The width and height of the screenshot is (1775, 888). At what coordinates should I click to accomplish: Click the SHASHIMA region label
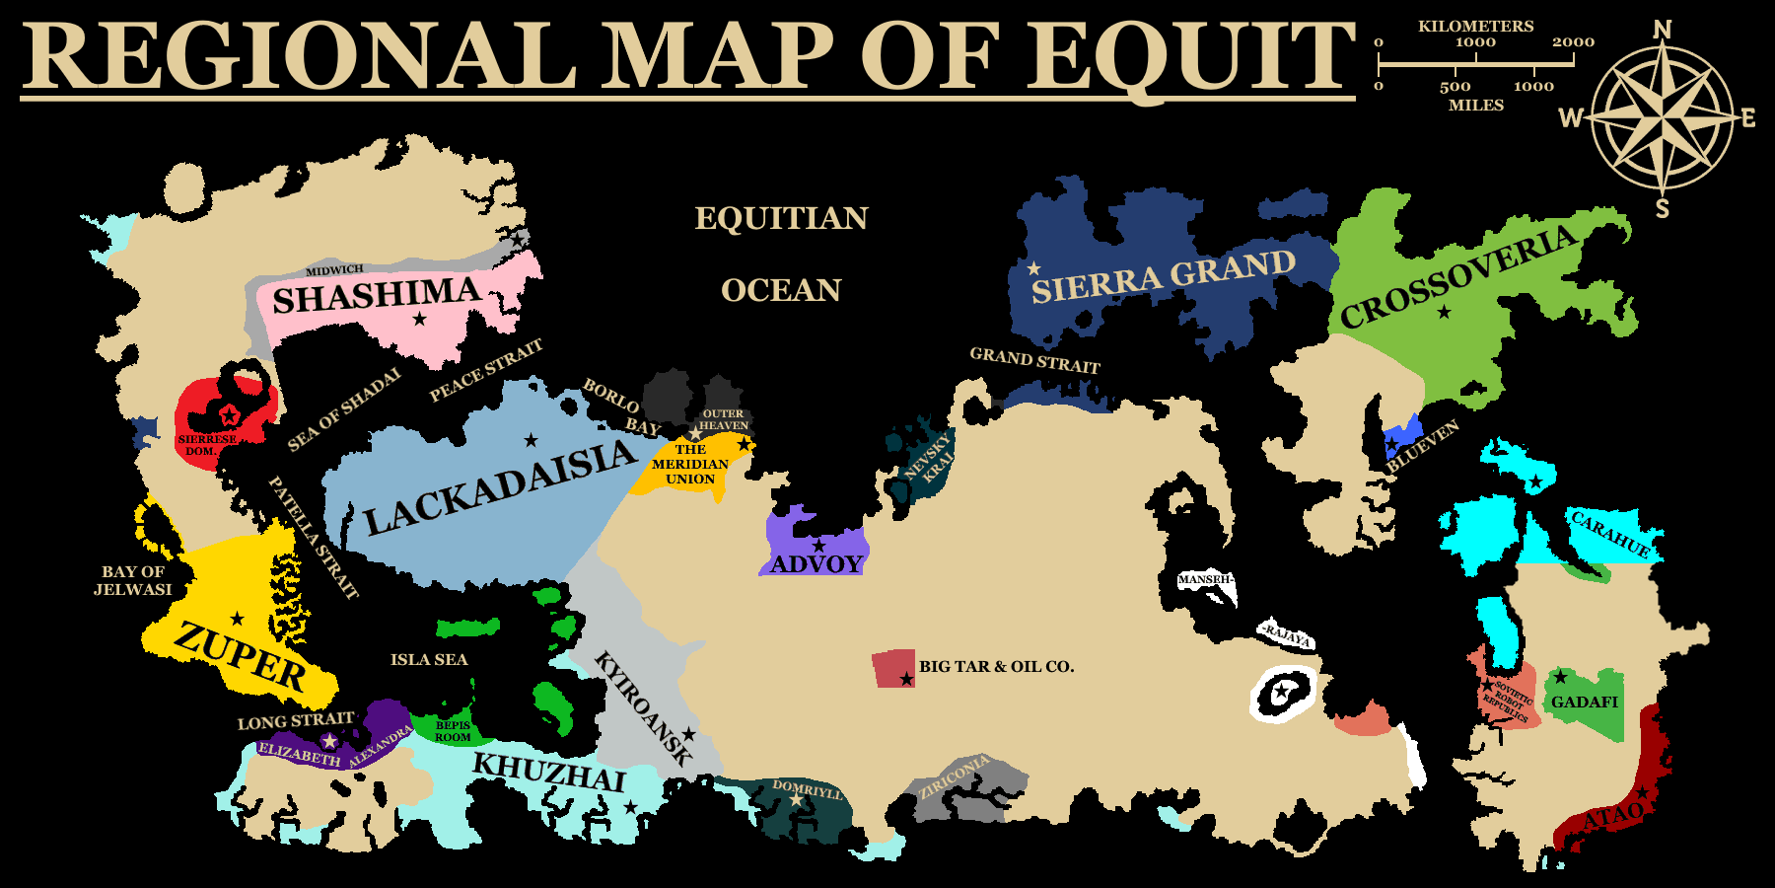[376, 295]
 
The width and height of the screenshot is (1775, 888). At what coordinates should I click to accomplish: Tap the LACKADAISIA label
[501, 487]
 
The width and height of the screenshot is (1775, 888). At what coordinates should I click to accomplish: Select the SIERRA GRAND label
[1164, 276]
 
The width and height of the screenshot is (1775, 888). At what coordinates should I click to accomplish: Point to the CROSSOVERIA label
[1458, 277]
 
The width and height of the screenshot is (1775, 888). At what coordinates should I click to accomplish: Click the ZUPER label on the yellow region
[241, 656]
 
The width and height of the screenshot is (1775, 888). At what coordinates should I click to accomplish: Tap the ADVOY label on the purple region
[816, 564]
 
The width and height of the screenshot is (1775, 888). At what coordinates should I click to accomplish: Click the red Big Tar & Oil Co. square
[893, 668]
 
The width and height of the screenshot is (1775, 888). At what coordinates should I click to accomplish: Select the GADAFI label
[1585, 703]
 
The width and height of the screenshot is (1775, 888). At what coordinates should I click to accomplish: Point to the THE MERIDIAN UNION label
[690, 464]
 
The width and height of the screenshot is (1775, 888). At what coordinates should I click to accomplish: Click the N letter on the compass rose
[1663, 31]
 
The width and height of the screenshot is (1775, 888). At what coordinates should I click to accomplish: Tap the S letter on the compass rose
[1663, 208]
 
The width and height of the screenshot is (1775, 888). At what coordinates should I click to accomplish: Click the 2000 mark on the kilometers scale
[1573, 42]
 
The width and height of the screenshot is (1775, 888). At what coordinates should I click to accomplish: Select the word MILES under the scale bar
[1476, 105]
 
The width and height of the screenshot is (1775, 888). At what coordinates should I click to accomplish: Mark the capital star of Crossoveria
[1444, 313]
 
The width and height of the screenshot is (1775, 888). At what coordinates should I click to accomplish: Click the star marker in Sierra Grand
[1033, 268]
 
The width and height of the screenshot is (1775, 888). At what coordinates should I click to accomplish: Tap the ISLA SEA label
[429, 659]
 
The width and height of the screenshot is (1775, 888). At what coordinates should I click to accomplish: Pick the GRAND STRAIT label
[1034, 360]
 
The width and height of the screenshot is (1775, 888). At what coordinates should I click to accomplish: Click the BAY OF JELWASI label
[133, 580]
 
